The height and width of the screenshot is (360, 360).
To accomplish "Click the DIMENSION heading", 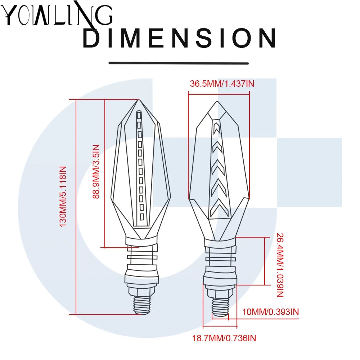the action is click(x=179, y=38).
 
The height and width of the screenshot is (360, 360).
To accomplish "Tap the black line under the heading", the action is click(x=179, y=63).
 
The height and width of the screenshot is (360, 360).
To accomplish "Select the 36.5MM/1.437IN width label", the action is click(x=222, y=84).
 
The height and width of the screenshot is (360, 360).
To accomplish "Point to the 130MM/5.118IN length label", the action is click(x=63, y=197).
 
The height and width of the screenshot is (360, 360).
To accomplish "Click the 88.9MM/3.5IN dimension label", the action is click(x=96, y=171).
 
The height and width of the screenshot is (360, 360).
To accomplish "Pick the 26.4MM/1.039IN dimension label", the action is click(x=280, y=265).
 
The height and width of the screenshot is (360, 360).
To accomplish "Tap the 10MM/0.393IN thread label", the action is click(x=270, y=312).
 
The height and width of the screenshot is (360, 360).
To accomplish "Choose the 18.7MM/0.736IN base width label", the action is click(x=224, y=338).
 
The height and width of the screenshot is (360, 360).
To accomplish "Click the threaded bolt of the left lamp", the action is click(x=142, y=305).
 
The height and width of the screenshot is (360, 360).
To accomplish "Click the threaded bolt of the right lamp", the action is click(x=220, y=307).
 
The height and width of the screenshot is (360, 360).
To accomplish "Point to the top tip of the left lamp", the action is click(x=139, y=100).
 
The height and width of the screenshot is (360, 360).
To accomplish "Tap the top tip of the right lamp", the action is click(x=217, y=102).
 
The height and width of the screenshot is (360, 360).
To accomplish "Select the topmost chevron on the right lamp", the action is click(x=216, y=129).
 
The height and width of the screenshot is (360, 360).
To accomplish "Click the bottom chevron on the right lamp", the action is click(x=220, y=208).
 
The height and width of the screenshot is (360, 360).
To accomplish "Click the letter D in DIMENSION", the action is click(x=91, y=38).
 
